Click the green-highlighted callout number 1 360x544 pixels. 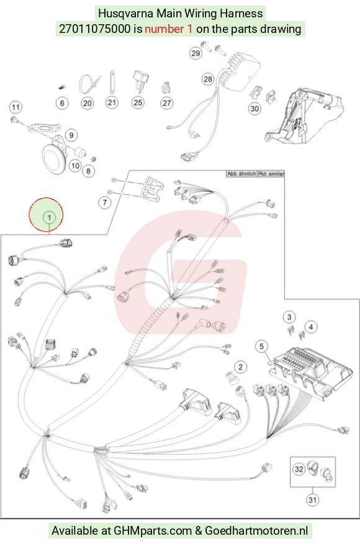click(49, 217)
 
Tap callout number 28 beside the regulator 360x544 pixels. click(208, 79)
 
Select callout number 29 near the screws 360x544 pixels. click(196, 53)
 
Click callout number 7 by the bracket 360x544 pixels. click(105, 202)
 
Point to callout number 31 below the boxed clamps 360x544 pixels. click(312, 499)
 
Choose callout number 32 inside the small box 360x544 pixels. click(299, 469)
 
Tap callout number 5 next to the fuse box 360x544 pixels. click(261, 347)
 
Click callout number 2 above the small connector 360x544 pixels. click(240, 367)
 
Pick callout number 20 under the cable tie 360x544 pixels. click(88, 103)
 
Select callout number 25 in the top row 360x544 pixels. click(138, 102)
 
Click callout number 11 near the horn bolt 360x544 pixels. click(16, 107)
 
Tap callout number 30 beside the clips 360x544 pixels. click(254, 109)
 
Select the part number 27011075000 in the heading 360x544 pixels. click(95, 29)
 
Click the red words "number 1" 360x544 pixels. click(169, 29)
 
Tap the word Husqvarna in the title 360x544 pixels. click(126, 14)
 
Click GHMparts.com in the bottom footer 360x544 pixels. click(153, 530)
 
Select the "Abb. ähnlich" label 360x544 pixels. click(241, 173)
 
